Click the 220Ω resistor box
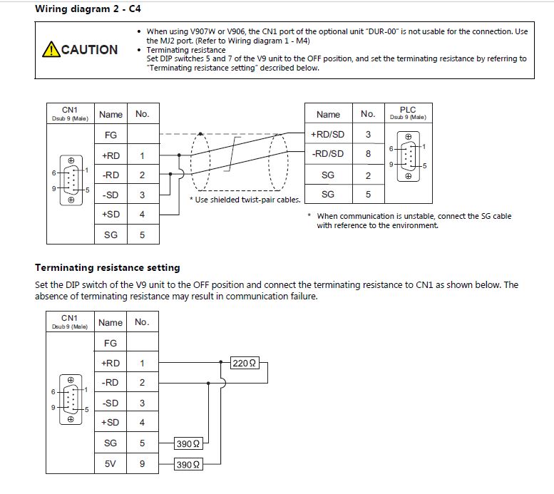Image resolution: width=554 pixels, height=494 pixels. [x=245, y=363]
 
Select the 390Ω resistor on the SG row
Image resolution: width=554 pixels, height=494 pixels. [x=188, y=443]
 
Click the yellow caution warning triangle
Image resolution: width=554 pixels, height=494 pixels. [x=51, y=49]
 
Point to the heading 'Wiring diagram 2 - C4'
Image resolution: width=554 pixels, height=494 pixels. [x=87, y=9]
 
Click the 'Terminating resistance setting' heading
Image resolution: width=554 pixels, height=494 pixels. [x=107, y=267]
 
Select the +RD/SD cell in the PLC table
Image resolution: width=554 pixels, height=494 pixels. [x=328, y=134]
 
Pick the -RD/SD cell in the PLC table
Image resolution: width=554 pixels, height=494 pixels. [x=328, y=153]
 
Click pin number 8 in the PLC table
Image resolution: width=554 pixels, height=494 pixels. [x=368, y=153]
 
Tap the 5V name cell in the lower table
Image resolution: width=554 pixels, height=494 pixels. [x=111, y=463]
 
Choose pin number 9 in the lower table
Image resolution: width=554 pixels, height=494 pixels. [x=142, y=463]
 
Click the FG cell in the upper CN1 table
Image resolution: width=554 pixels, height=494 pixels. [x=111, y=135]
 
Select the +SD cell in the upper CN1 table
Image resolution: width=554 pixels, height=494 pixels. [x=111, y=214]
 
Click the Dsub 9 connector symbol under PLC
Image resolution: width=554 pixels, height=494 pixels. [x=408, y=156]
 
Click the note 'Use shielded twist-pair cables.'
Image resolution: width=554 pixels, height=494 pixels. [x=245, y=199]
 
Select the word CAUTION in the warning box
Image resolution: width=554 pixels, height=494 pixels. [x=90, y=50]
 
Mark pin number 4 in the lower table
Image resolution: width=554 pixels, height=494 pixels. [x=142, y=422]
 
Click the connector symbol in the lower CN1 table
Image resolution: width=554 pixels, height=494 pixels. [x=70, y=400]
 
